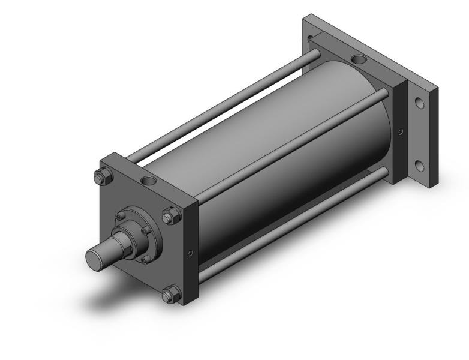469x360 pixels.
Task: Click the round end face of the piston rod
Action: tap(94, 258)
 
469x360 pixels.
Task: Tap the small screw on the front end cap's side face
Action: tap(190, 253)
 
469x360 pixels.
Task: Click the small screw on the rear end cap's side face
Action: tap(401, 131)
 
